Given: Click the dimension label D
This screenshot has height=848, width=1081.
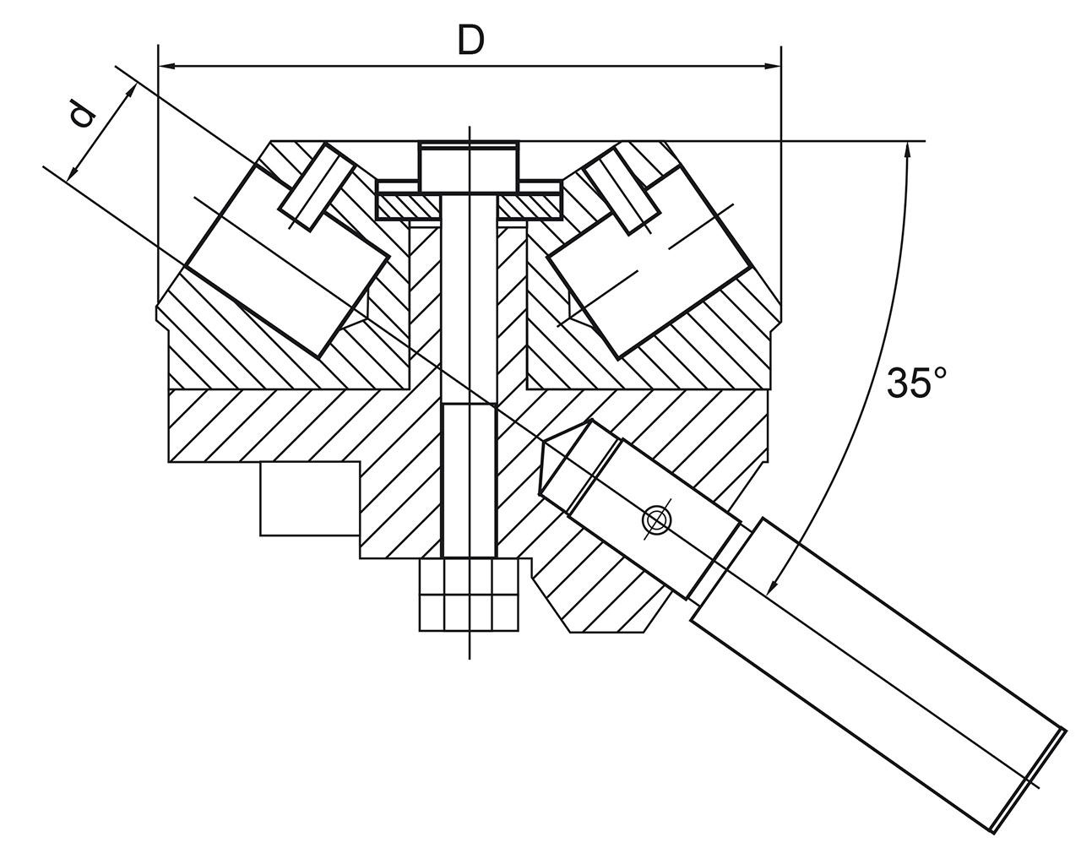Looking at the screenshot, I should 470,39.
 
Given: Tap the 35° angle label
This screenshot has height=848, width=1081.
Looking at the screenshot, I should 915,383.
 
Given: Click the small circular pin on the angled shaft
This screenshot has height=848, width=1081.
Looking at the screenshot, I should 656,520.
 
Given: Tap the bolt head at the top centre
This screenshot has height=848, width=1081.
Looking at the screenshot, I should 469,166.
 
